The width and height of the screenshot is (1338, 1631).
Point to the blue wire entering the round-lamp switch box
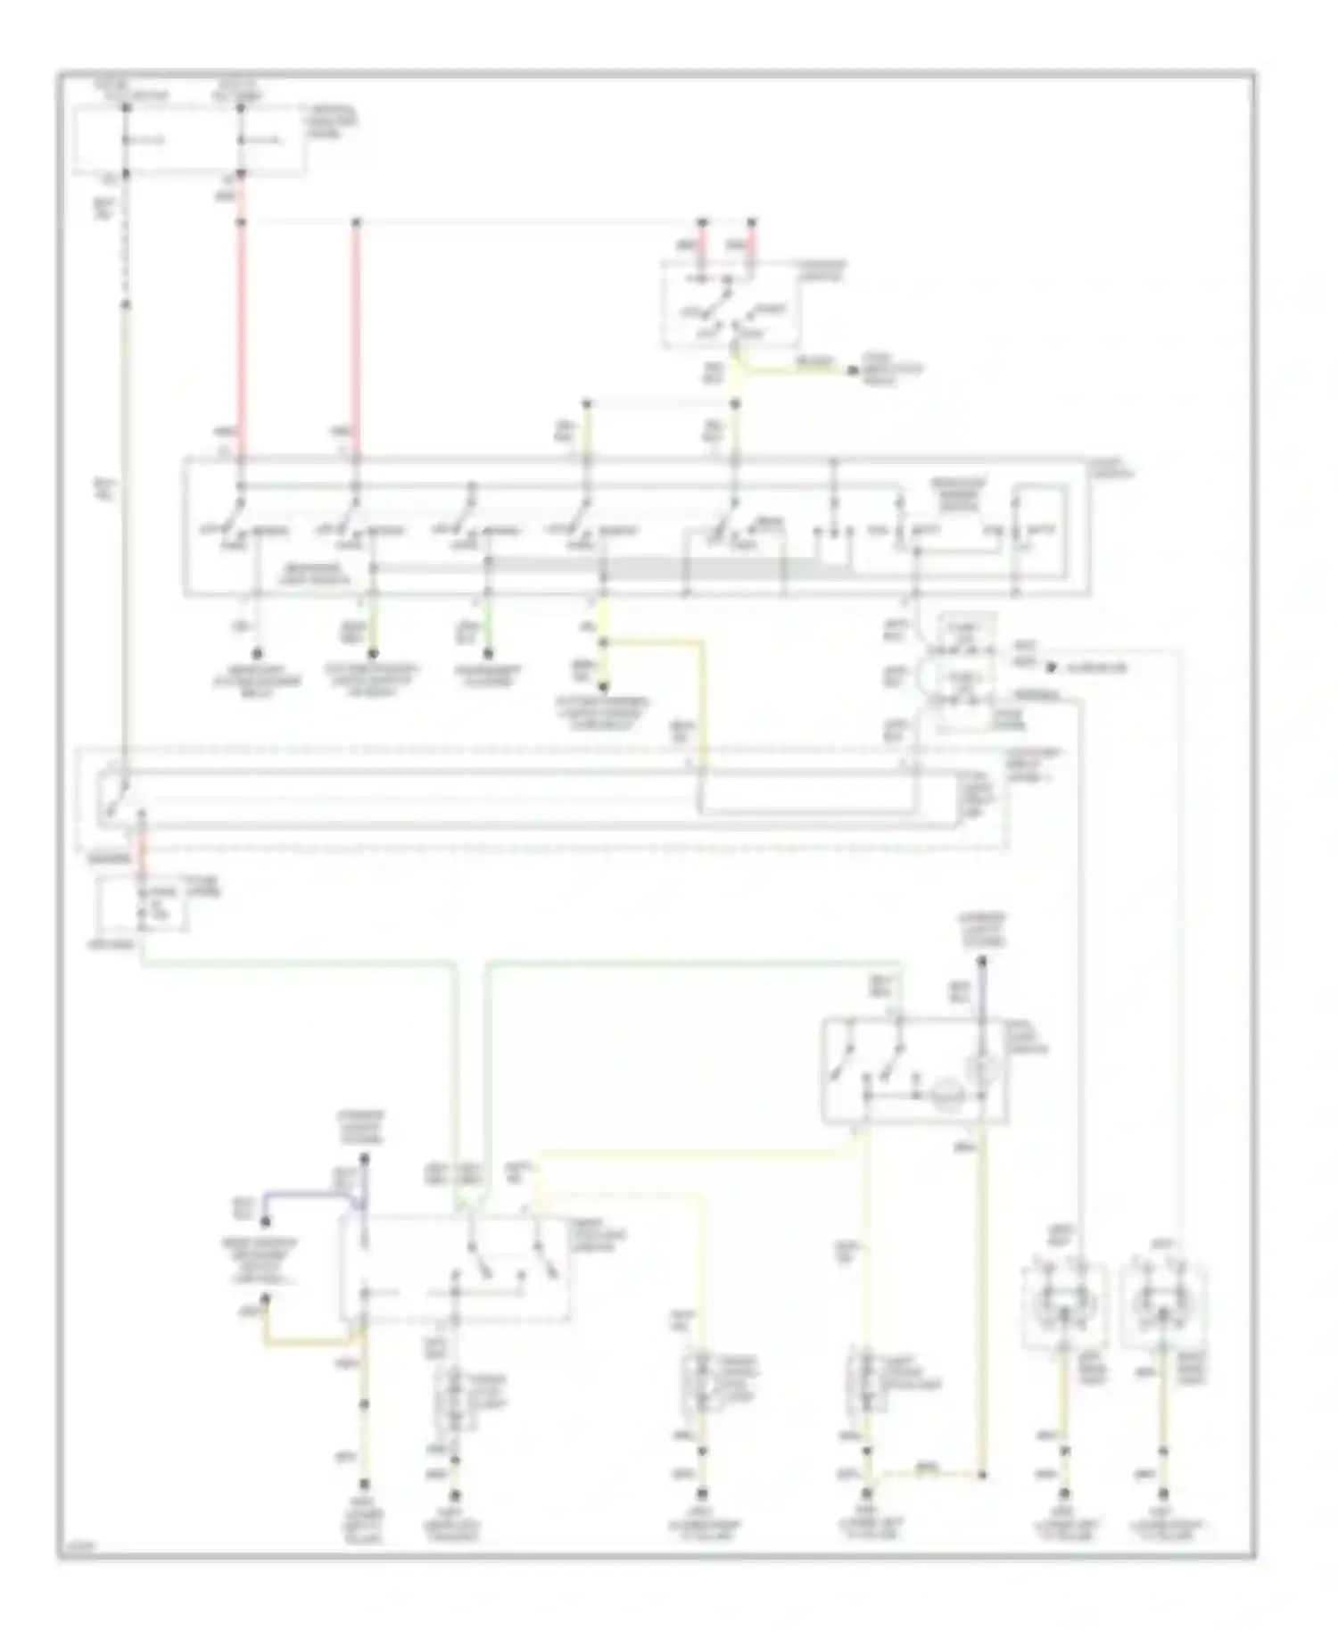(981, 990)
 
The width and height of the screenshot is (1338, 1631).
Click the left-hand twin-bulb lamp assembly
(1063, 1304)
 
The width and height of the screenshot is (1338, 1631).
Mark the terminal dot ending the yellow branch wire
(854, 369)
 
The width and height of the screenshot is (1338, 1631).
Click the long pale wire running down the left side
(126, 535)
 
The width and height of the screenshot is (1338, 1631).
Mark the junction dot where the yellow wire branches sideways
(603, 642)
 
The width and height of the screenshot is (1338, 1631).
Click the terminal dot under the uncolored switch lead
(257, 653)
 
